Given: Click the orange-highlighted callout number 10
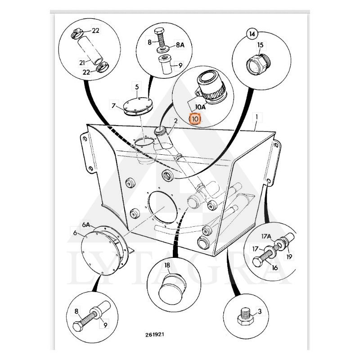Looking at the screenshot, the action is click(x=195, y=119).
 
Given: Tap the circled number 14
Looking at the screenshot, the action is click(x=252, y=34).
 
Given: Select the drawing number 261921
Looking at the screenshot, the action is click(x=155, y=334).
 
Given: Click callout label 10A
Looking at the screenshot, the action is click(x=201, y=107).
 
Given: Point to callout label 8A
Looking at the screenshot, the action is click(x=180, y=45).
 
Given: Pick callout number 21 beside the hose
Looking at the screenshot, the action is click(x=82, y=62).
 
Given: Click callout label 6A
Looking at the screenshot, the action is click(x=86, y=225).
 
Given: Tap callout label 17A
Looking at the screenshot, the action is click(x=266, y=236).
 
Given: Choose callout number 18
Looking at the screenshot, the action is click(x=167, y=265).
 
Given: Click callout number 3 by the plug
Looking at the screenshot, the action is click(x=260, y=311).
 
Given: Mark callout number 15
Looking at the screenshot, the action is click(x=261, y=45).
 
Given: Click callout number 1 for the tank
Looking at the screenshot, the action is click(x=256, y=117).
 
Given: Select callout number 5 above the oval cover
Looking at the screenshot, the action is click(x=137, y=87).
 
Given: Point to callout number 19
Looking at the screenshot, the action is click(x=289, y=256).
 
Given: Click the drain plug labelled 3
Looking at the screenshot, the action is click(x=245, y=317).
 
